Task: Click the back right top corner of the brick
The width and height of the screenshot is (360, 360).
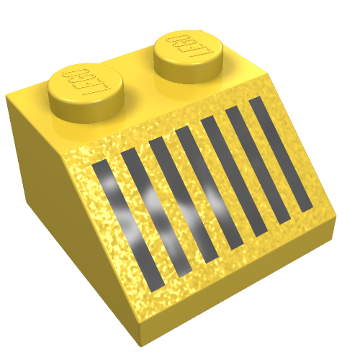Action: (x=269, y=72)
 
